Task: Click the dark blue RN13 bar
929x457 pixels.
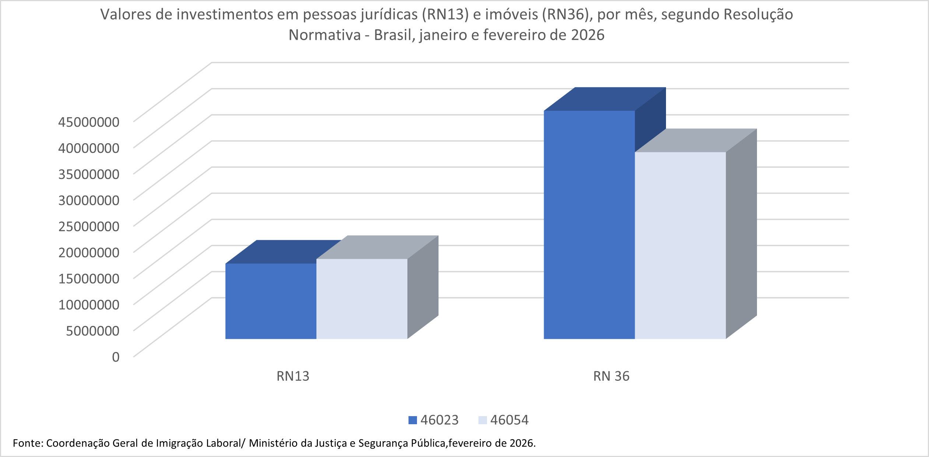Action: click(x=271, y=301)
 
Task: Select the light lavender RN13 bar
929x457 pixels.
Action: click(x=362, y=299)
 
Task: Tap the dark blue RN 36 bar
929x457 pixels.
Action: click(x=589, y=225)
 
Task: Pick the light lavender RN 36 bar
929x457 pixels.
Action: click(x=680, y=245)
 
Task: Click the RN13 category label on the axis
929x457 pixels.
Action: click(x=293, y=376)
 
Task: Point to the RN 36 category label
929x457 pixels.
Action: click(x=611, y=376)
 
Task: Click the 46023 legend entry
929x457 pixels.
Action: click(x=434, y=420)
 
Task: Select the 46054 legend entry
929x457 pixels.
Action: click(x=504, y=420)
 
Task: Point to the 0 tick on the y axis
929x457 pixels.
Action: click(x=116, y=357)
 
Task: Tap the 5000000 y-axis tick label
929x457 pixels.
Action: click(x=92, y=331)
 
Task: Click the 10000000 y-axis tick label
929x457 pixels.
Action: click(x=89, y=305)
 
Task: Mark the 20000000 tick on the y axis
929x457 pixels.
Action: click(x=89, y=252)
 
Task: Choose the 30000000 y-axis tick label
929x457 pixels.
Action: click(x=89, y=200)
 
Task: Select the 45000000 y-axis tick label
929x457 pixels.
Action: click(x=89, y=122)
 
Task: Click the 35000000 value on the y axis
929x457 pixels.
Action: click(x=89, y=174)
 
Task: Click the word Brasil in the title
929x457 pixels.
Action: click(x=394, y=35)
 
